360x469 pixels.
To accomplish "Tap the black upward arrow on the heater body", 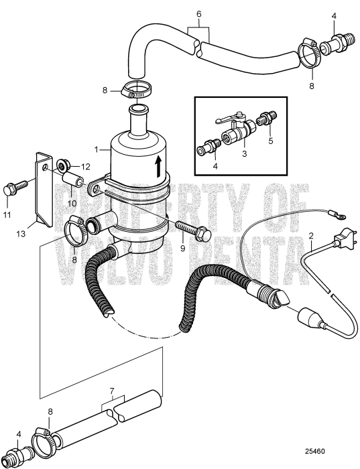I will pos(158,164).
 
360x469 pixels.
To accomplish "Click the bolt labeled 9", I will pos(195,234).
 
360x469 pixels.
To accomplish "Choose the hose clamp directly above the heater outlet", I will pos(138,89).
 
